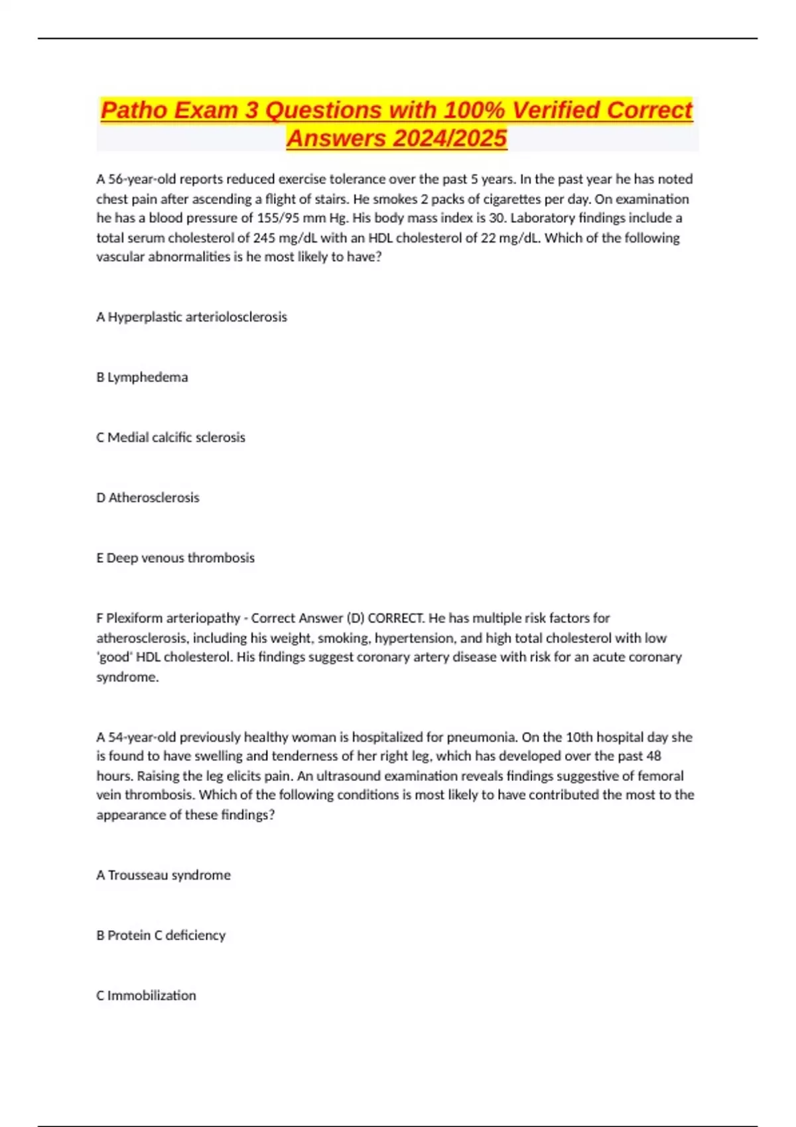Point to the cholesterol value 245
264,238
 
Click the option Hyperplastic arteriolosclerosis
197,317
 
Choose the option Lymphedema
147,377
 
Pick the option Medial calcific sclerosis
176,438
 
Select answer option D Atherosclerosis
153,498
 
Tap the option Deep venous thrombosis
180,558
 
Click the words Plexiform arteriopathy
173,619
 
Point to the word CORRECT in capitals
395,619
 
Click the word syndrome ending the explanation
127,678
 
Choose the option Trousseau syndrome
169,875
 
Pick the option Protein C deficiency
166,935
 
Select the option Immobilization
151,996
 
